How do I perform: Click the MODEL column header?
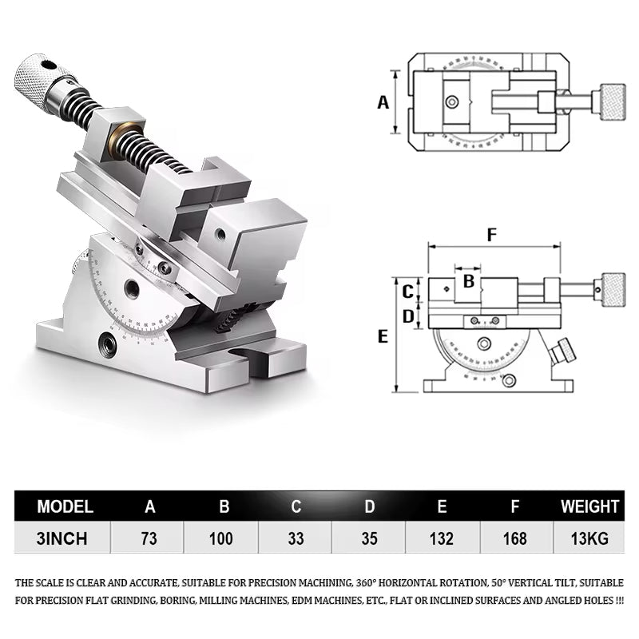(x=65, y=506)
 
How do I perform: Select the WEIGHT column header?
(x=589, y=506)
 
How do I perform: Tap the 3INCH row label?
(x=62, y=538)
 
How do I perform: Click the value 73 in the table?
(x=148, y=538)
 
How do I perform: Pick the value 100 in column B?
(x=221, y=538)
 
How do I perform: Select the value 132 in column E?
(x=443, y=538)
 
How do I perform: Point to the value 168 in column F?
(x=516, y=538)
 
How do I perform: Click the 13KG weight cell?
(x=589, y=538)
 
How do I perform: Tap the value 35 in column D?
(x=369, y=538)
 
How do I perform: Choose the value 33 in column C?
(x=296, y=538)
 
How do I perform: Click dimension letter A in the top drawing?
(x=383, y=102)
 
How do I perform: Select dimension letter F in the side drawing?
(x=492, y=235)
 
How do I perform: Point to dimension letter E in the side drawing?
(x=383, y=336)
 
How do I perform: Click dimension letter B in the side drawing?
(x=469, y=281)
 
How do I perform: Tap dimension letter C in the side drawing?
(x=407, y=291)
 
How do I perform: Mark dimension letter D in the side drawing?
(x=407, y=316)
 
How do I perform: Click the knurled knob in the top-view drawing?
(x=613, y=102)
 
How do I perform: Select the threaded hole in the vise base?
(x=106, y=344)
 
